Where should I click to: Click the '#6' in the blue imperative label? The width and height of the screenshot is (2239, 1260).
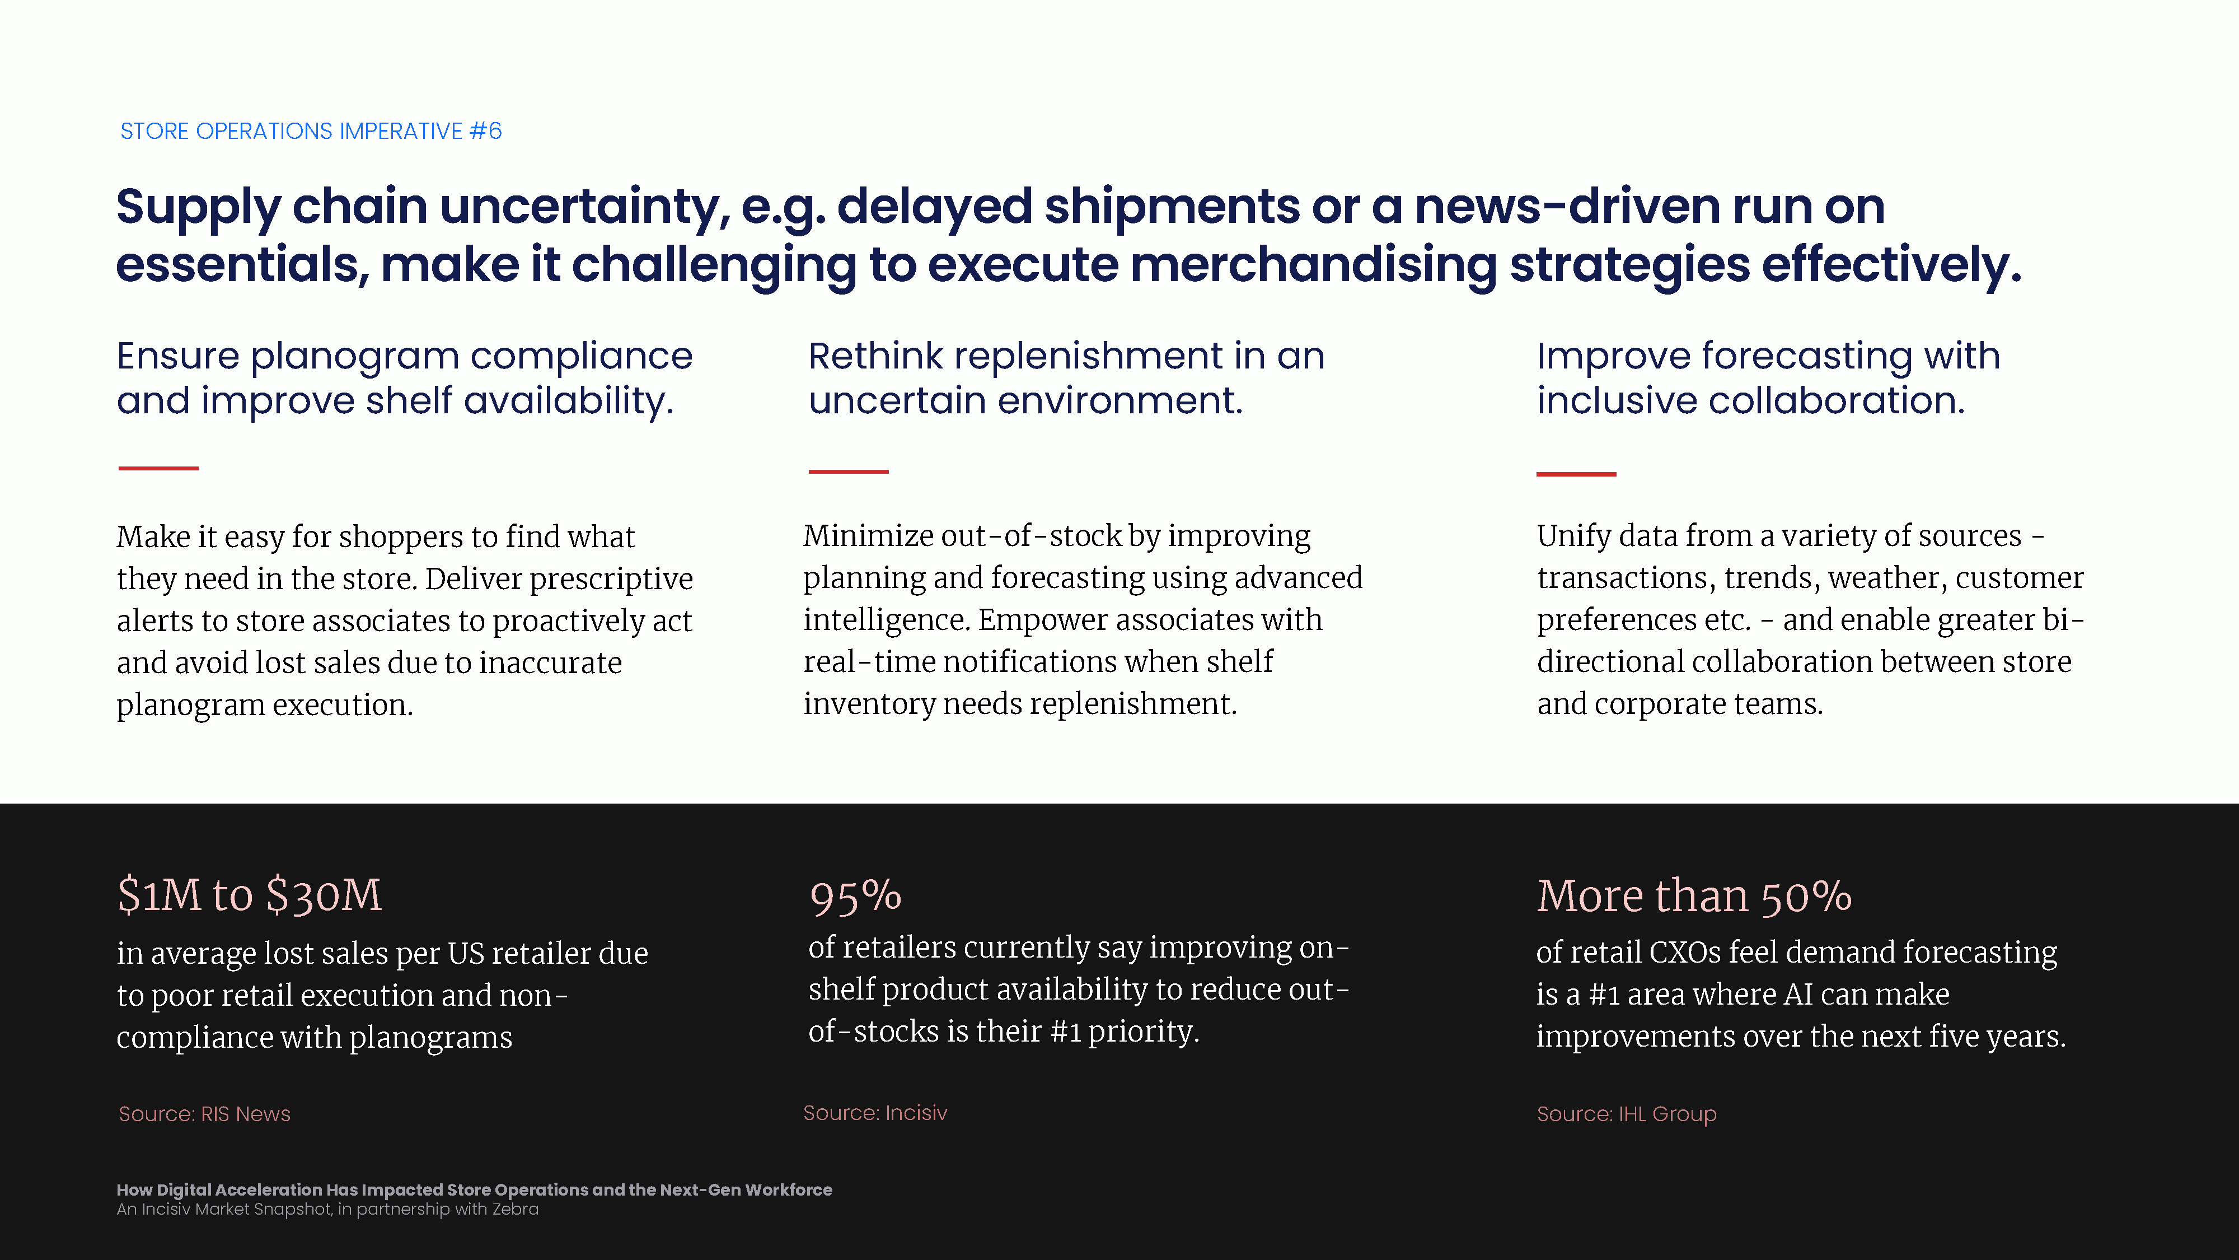pos(485,131)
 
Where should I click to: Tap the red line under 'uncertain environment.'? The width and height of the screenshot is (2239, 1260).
pos(849,472)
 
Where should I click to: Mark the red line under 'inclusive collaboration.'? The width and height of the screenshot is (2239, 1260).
pos(1576,474)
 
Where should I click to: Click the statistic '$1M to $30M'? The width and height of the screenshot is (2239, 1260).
pos(250,895)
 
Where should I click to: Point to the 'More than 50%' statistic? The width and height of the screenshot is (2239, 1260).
pos(1694,895)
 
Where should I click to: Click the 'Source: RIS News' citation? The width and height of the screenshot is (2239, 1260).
pos(204,1114)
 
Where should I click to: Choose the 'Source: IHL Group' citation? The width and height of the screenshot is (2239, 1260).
pos(1626,1114)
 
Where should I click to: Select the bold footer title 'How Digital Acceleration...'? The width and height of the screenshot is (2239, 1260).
pos(475,1189)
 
